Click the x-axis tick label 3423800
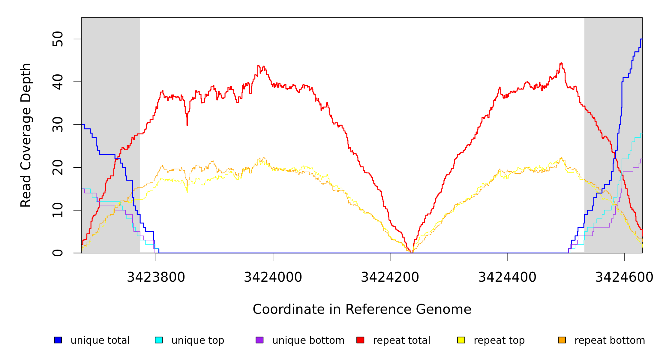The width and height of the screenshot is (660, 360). (x=156, y=277)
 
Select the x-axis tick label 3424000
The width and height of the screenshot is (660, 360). (x=273, y=277)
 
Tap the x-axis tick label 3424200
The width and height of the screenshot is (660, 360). (x=390, y=277)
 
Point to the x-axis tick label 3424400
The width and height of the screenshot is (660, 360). (x=507, y=277)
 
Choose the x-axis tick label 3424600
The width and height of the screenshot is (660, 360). (x=624, y=277)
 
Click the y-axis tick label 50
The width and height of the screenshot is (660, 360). (x=58, y=39)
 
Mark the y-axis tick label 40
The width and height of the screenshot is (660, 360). (x=58, y=82)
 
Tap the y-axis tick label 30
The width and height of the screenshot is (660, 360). (x=58, y=124)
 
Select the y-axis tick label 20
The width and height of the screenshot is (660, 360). (x=58, y=167)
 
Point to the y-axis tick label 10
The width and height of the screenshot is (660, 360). (x=58, y=210)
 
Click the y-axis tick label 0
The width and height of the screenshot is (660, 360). (x=58, y=253)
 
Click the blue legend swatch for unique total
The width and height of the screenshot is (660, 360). (x=58, y=340)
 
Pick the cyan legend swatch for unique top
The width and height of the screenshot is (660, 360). (x=159, y=340)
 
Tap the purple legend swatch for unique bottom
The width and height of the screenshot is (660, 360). (x=259, y=340)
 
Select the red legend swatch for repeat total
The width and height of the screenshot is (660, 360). (x=360, y=340)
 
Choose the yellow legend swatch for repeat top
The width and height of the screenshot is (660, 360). (x=461, y=340)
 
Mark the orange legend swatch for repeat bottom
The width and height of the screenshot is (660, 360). (x=562, y=340)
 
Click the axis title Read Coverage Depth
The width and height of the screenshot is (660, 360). (x=26, y=135)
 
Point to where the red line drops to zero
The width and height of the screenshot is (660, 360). (x=412, y=252)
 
